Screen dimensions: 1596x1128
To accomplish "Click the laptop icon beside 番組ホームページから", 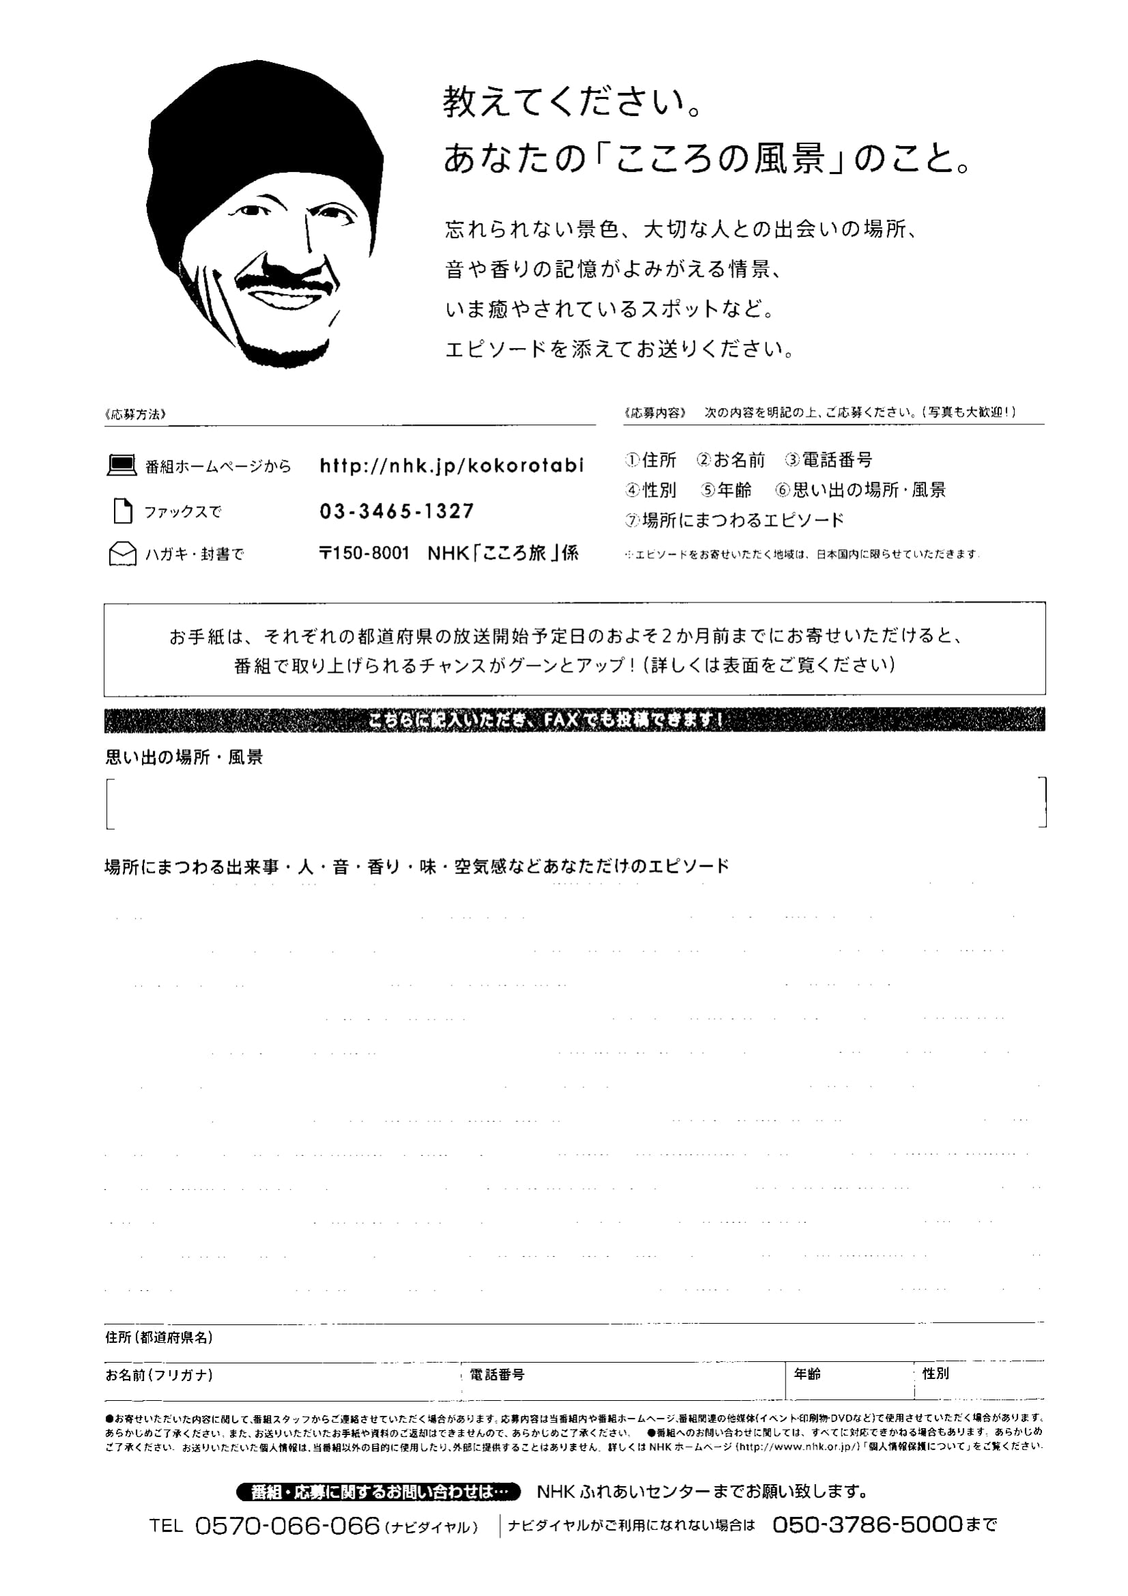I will coord(121,465).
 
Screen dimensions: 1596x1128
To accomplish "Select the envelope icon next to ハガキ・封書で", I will coord(122,554).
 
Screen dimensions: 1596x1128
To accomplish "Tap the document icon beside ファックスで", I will coord(123,511).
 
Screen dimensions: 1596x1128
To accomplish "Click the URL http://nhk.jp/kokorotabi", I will coord(451,465).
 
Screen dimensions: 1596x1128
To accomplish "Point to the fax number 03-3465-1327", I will coord(397,511).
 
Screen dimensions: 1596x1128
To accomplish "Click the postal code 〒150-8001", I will coord(364,553).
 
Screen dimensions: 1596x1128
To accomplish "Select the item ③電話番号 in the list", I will coord(828,459).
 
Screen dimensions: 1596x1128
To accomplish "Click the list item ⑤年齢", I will coord(726,490).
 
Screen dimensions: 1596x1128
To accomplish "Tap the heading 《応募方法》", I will coord(136,414).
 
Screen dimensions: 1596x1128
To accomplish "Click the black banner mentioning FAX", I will coord(574,720).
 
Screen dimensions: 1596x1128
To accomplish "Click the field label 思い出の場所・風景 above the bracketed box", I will coord(184,757).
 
